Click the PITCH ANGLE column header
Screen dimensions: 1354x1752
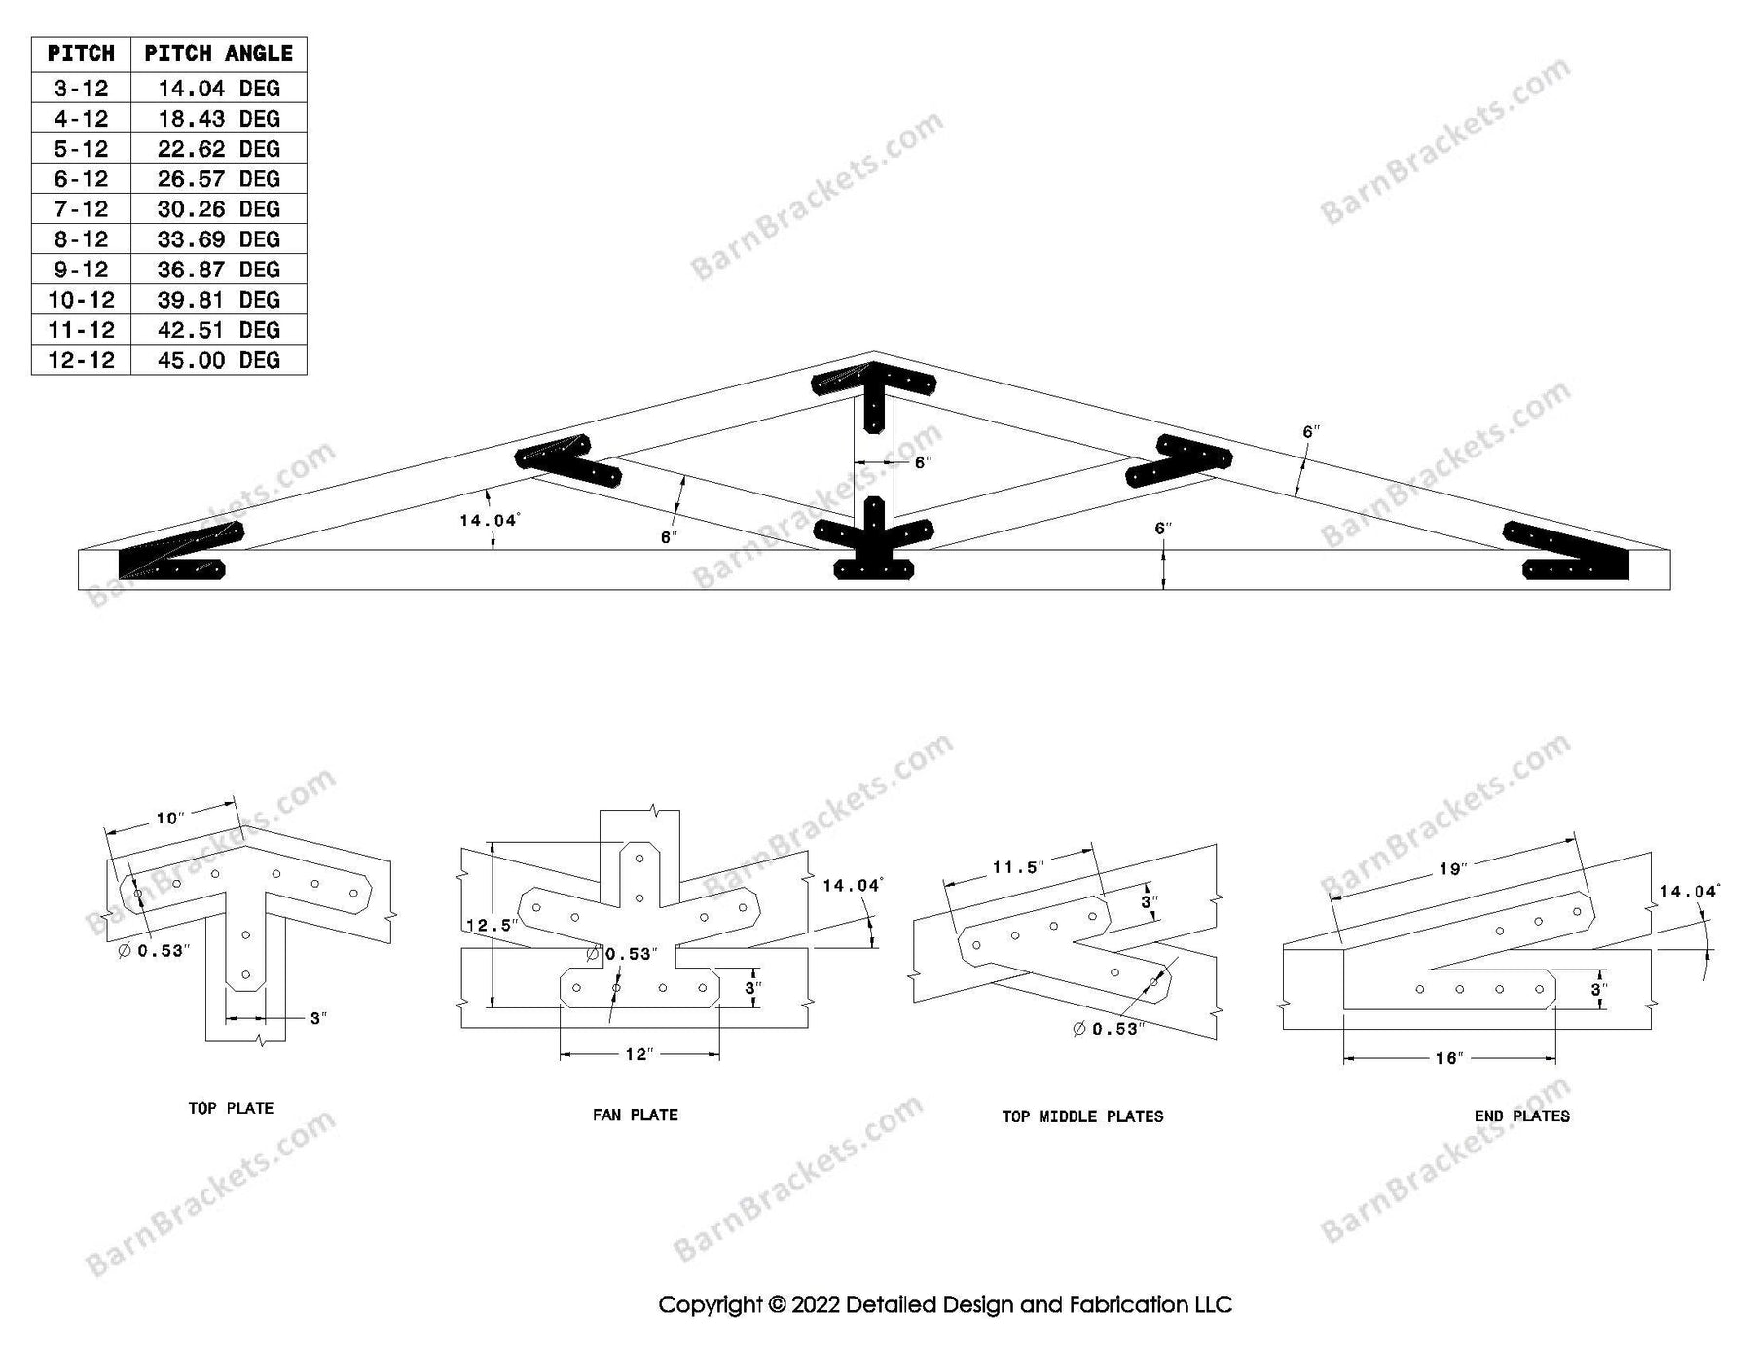[218, 54]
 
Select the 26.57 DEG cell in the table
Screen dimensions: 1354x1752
[218, 179]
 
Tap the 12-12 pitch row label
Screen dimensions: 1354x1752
[81, 360]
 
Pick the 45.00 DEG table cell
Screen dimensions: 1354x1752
[218, 360]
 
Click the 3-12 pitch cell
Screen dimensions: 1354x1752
[81, 89]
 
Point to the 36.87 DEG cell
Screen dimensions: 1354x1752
[218, 270]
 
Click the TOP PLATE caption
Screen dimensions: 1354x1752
[231, 1108]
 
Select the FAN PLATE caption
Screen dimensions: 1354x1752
[635, 1115]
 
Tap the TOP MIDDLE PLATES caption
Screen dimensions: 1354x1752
[1082, 1116]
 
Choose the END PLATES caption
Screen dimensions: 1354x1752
[1521, 1116]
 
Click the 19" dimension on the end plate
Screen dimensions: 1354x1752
[1451, 868]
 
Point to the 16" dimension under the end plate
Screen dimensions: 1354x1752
[1448, 1058]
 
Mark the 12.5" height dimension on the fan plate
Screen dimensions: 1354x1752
[490, 925]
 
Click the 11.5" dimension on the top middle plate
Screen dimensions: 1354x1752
[1018, 867]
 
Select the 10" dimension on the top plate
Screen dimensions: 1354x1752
[169, 818]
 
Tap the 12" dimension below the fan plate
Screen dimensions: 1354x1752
[638, 1054]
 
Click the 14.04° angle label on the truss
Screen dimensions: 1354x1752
[489, 521]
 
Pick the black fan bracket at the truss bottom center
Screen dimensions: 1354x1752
[873, 542]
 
